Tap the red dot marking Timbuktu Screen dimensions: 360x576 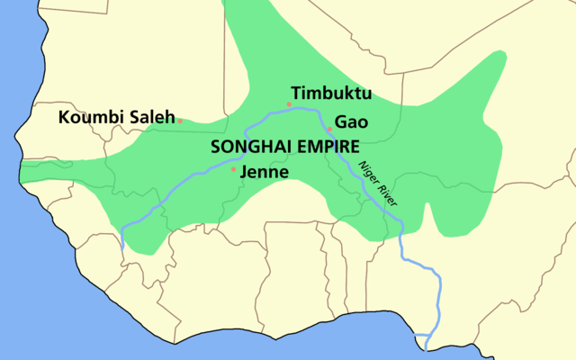(289, 105)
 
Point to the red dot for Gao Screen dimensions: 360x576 (329, 129)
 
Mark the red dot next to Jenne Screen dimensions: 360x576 (234, 168)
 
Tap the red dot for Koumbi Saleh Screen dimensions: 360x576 (180, 120)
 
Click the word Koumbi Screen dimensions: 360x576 (89, 117)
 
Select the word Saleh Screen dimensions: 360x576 (148, 117)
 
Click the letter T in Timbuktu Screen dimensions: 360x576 (296, 94)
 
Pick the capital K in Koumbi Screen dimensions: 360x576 (64, 117)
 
